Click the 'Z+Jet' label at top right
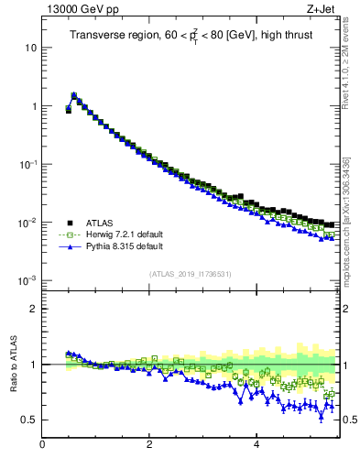[322, 9]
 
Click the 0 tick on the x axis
[42, 445]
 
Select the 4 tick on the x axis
[256, 445]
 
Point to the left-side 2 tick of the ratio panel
[34, 309]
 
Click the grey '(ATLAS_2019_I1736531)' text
[190, 274]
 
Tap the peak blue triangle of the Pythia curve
[73, 94]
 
